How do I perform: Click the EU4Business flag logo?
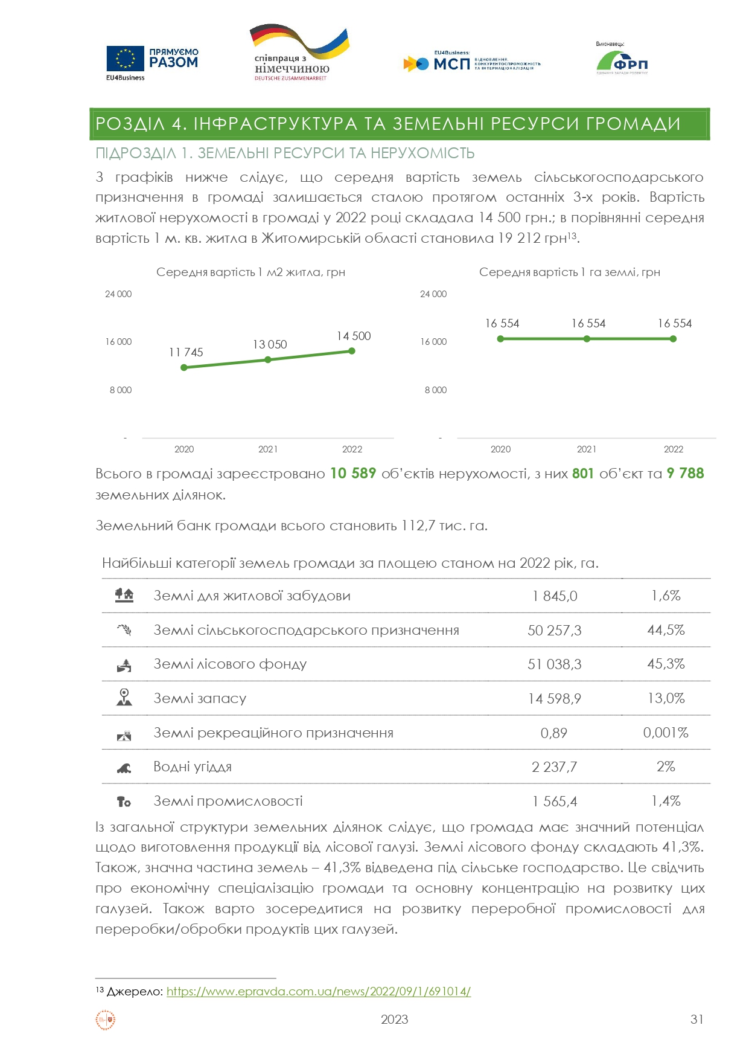coord(126,59)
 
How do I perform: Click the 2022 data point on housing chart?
coord(352,351)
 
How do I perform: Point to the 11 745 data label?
coord(186,352)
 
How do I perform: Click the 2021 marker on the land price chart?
coord(587,339)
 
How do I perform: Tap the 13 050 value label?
coord(270,344)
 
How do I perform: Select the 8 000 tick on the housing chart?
coord(121,390)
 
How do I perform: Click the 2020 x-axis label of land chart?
coord(500,449)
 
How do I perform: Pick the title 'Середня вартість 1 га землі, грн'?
coord(569,272)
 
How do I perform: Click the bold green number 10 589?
coord(353,474)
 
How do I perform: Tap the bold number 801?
coord(583,474)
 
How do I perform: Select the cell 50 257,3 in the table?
coord(554,631)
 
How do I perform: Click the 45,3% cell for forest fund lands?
coord(666,664)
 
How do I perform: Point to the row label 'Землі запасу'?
coord(200,699)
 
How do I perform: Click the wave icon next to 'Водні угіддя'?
coord(124,768)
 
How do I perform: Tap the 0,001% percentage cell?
coord(666,733)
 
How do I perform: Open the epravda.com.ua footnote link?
coord(318,991)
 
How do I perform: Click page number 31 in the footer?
coord(696,1020)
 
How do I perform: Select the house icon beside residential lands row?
coord(124,596)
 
